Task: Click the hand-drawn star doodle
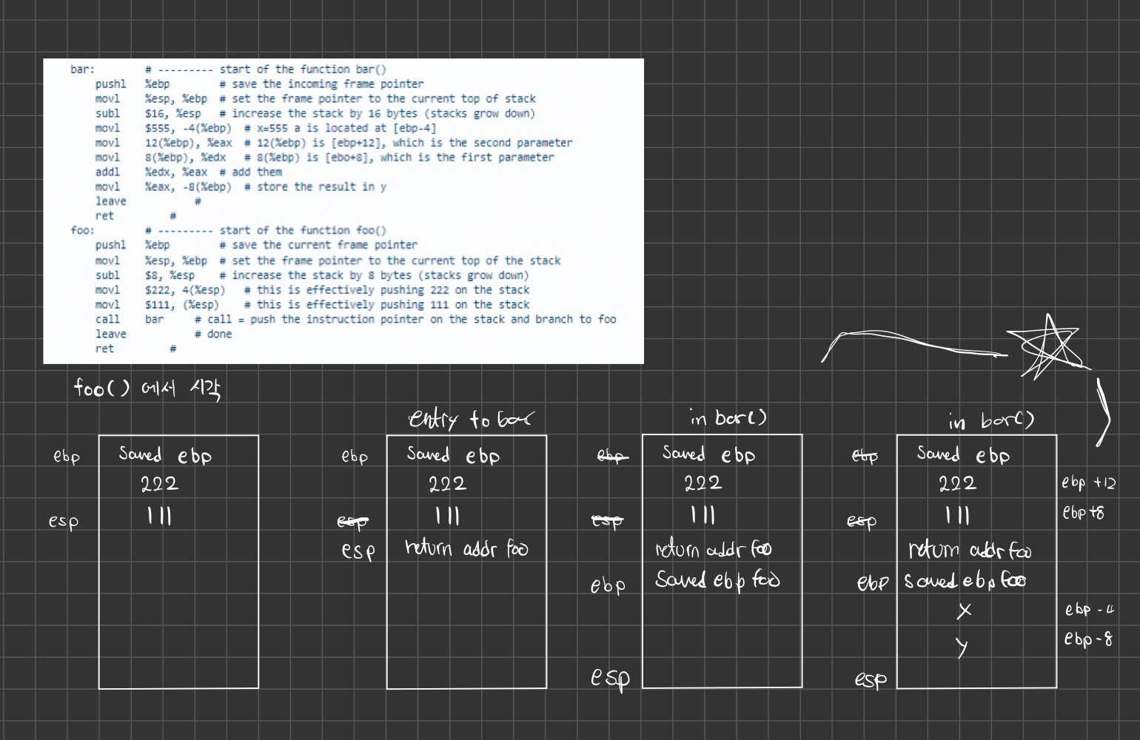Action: click(x=1049, y=346)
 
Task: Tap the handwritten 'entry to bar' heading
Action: click(x=469, y=419)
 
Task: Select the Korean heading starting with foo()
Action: click(x=147, y=388)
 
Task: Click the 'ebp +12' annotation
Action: click(x=1088, y=483)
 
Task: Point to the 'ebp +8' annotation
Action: click(x=1083, y=512)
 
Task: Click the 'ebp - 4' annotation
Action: click(x=1089, y=610)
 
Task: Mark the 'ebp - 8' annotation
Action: click(x=1088, y=639)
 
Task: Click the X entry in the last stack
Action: click(x=964, y=610)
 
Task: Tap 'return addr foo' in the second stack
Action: click(x=466, y=548)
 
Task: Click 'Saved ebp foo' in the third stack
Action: click(x=717, y=579)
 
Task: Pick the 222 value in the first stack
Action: click(x=159, y=484)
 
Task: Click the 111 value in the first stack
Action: click(x=159, y=515)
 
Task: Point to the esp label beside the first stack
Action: click(x=64, y=521)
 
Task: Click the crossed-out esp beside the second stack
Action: click(x=352, y=522)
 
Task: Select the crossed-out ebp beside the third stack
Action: click(x=611, y=455)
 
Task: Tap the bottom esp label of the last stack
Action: click(x=870, y=679)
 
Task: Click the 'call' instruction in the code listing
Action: click(x=107, y=319)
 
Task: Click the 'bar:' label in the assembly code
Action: click(x=82, y=70)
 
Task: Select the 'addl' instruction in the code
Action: click(x=107, y=172)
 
